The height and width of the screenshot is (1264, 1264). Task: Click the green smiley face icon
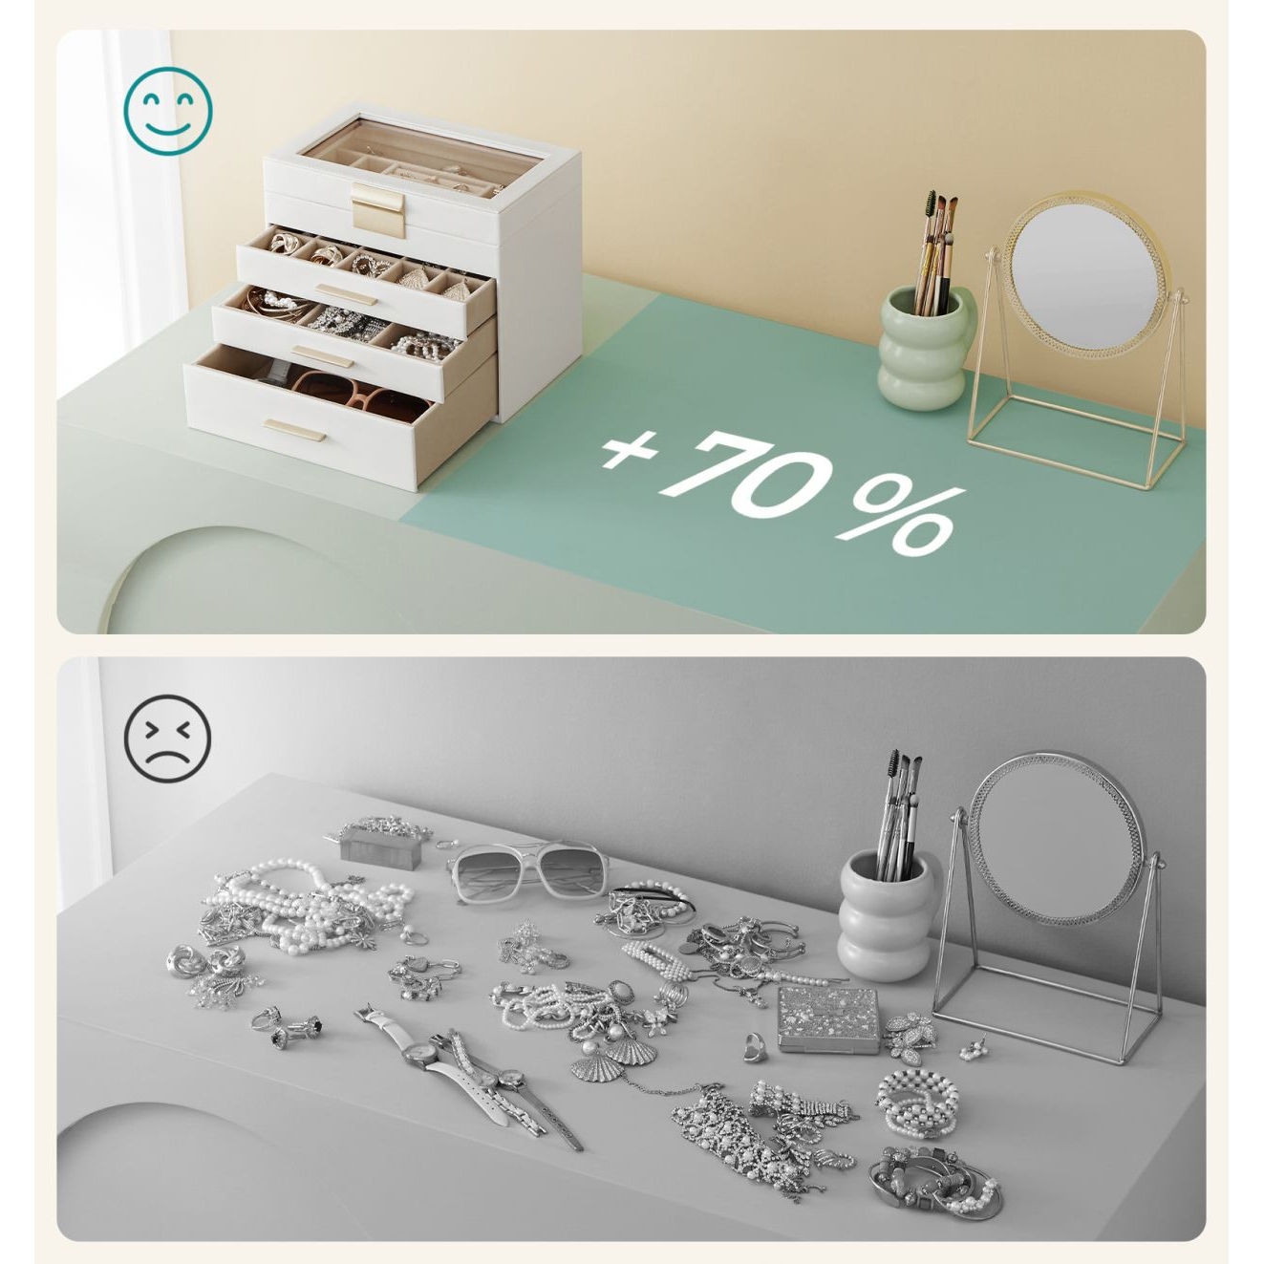coord(168,111)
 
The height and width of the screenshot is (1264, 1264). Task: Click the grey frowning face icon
coord(168,739)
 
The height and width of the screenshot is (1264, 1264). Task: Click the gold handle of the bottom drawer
coord(294,430)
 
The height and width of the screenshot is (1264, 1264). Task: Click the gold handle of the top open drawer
coord(345,294)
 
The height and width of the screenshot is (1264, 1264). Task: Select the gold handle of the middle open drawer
coord(322,356)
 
